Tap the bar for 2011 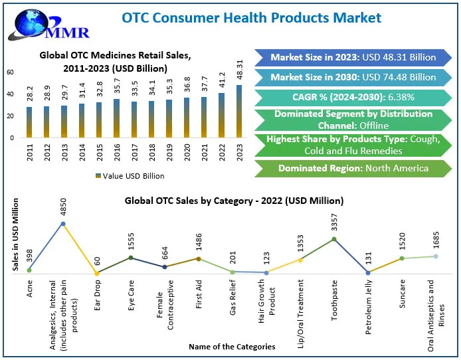click(29, 122)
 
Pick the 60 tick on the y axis click(10, 72)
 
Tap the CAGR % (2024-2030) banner click(353, 98)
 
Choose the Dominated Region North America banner click(353, 168)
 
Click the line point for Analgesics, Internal click(63, 224)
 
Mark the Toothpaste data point click(333, 239)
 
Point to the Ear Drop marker click(97, 273)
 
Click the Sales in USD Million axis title click(15, 238)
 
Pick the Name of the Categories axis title click(231, 347)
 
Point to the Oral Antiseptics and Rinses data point click(436, 256)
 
